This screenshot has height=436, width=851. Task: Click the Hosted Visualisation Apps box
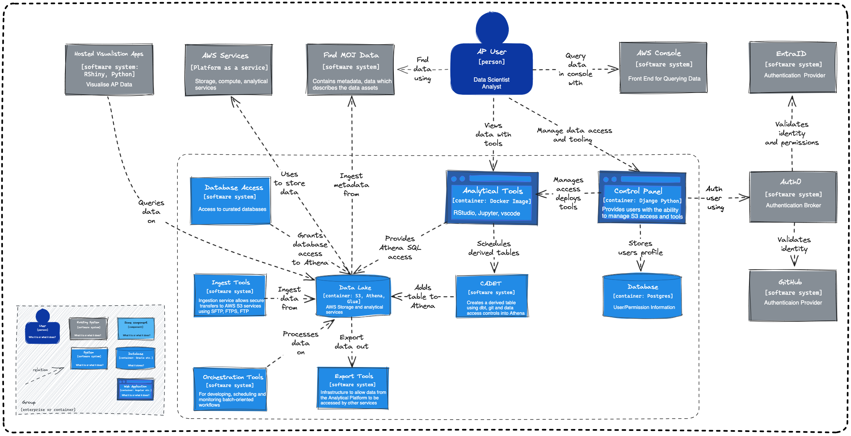click(x=109, y=69)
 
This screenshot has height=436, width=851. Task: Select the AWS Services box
click(x=229, y=70)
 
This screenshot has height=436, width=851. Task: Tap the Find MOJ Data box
click(x=351, y=70)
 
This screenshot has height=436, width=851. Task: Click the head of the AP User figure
click(x=492, y=28)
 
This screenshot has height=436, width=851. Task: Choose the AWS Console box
click(x=663, y=68)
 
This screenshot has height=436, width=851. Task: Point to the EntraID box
click(x=793, y=67)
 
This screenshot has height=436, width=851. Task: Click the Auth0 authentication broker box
click(x=793, y=197)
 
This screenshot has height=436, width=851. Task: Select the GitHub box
click(x=793, y=295)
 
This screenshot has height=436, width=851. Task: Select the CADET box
click(x=492, y=296)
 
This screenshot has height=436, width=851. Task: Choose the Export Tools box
click(x=353, y=388)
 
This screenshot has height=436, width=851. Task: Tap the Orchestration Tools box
click(x=230, y=389)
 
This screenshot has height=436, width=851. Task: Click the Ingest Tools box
click(x=230, y=296)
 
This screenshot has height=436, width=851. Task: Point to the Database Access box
click(x=231, y=200)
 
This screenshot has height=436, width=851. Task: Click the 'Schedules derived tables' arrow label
click(x=494, y=248)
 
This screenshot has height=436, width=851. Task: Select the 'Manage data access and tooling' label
click(x=574, y=135)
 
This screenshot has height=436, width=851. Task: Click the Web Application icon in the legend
click(x=135, y=389)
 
